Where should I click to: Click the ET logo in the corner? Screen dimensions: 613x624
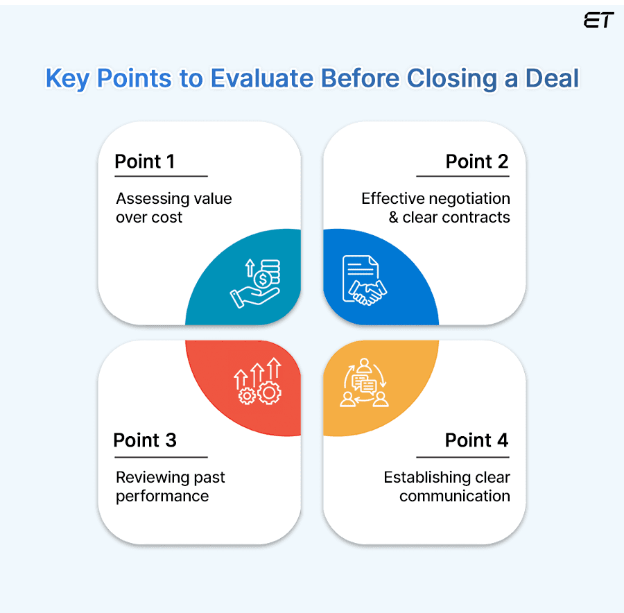point(598,21)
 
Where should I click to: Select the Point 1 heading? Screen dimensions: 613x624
point(145,162)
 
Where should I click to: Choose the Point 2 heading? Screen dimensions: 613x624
point(477,162)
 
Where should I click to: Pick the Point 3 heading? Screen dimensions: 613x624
point(145,440)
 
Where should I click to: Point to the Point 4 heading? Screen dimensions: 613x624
point(477,440)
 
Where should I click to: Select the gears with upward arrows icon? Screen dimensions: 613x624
point(259,382)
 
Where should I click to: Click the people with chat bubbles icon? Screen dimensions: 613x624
point(364,383)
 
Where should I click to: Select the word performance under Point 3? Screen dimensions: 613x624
point(162,497)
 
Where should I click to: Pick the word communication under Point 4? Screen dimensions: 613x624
point(455,497)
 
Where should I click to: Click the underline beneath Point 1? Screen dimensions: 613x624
point(161,177)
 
